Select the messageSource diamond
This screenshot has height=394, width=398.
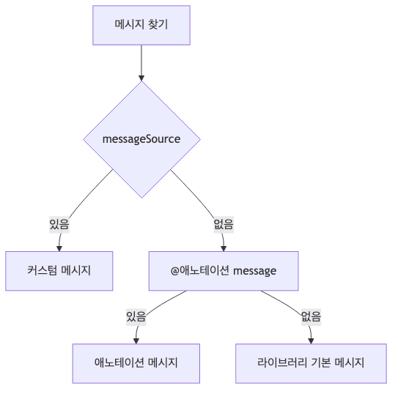pos(141,139)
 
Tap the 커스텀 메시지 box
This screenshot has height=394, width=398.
pos(59,271)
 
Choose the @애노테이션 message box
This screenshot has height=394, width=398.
pos(224,271)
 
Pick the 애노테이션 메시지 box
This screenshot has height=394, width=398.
pos(136,363)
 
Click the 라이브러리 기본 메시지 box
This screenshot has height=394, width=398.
pos(311,363)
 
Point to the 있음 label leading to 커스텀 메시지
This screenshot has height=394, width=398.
pos(59,224)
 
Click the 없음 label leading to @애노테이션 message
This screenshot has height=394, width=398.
pos(224,224)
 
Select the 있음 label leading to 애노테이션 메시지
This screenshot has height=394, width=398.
pos(136,316)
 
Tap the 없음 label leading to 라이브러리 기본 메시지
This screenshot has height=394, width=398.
pos(311,316)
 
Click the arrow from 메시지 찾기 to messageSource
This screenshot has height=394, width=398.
pos(141,62)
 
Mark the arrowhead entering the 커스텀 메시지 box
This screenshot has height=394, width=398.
pos(59,248)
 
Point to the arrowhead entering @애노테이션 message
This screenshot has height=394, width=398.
pos(224,248)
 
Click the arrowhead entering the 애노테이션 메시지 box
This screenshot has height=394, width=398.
pos(136,339)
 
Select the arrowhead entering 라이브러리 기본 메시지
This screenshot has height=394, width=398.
pos(311,339)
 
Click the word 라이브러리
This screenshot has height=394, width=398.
pos(282,363)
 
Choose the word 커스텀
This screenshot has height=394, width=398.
pos(43,271)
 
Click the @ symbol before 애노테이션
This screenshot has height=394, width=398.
pos(175,271)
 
